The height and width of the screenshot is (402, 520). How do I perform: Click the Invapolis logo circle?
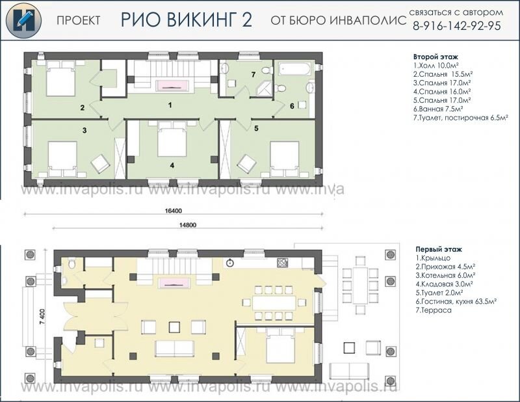click(x=23, y=21)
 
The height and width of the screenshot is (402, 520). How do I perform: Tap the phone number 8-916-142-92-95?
click(x=457, y=26)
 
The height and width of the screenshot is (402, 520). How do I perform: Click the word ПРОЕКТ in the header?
click(x=78, y=21)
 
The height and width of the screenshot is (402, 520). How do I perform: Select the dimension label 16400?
click(x=173, y=211)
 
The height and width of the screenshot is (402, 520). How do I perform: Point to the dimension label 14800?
click(x=188, y=225)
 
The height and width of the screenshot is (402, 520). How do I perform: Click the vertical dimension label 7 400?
click(x=42, y=317)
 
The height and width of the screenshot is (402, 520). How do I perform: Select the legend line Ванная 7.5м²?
click(x=438, y=109)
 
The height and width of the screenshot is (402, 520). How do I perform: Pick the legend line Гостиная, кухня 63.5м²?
click(x=456, y=302)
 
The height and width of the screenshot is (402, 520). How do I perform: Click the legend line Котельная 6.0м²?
click(x=445, y=275)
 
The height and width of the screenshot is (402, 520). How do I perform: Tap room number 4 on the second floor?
click(x=172, y=165)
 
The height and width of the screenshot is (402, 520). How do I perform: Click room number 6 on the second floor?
click(x=292, y=106)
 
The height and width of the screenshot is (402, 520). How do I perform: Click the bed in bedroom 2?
click(x=60, y=79)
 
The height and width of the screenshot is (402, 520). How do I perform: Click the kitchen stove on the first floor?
click(x=282, y=262)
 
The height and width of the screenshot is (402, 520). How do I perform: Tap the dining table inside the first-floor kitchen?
click(x=274, y=302)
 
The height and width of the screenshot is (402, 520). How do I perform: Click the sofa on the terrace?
click(x=349, y=371)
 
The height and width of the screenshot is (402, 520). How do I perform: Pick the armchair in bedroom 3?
click(x=101, y=164)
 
